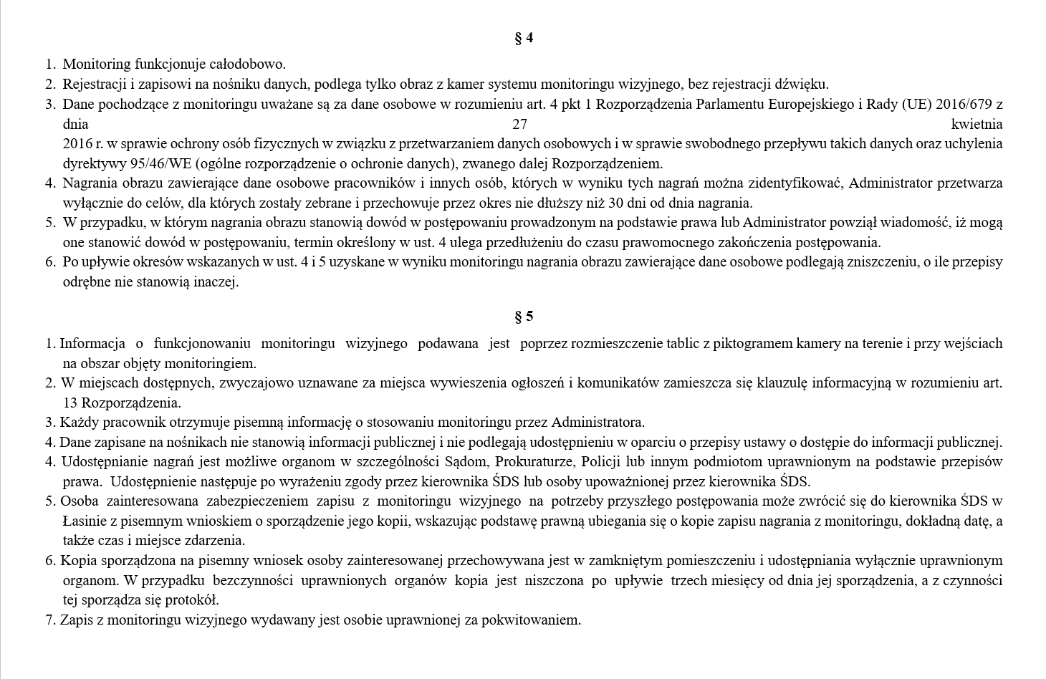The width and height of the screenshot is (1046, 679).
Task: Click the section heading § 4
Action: [x=524, y=38]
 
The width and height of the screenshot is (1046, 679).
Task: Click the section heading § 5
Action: [x=524, y=317]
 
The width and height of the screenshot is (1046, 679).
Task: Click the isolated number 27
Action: [x=520, y=124]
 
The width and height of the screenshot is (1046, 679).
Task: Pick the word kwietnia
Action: [x=977, y=124]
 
